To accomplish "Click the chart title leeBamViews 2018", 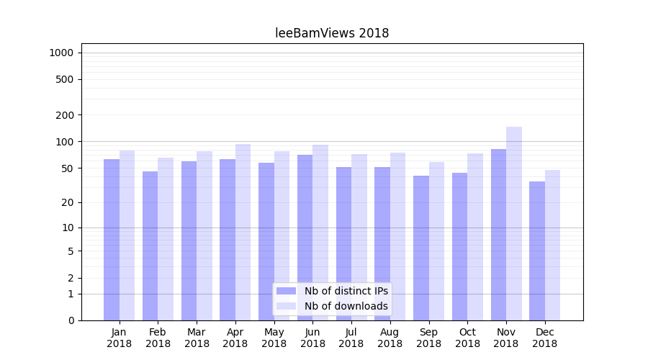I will (332, 33).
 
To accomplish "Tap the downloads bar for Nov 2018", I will (514, 223).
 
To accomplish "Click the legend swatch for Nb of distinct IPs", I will (287, 291).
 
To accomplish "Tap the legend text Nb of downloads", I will (346, 306).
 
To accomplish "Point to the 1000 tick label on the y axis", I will (61, 53).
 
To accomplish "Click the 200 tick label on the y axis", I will (65, 115).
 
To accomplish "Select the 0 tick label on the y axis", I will (71, 320).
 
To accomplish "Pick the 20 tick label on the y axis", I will (68, 202).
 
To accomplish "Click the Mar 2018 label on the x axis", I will (197, 338).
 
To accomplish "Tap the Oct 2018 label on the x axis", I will (467, 338).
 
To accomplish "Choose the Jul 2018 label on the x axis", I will (351, 338).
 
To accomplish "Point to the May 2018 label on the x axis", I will (274, 338).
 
